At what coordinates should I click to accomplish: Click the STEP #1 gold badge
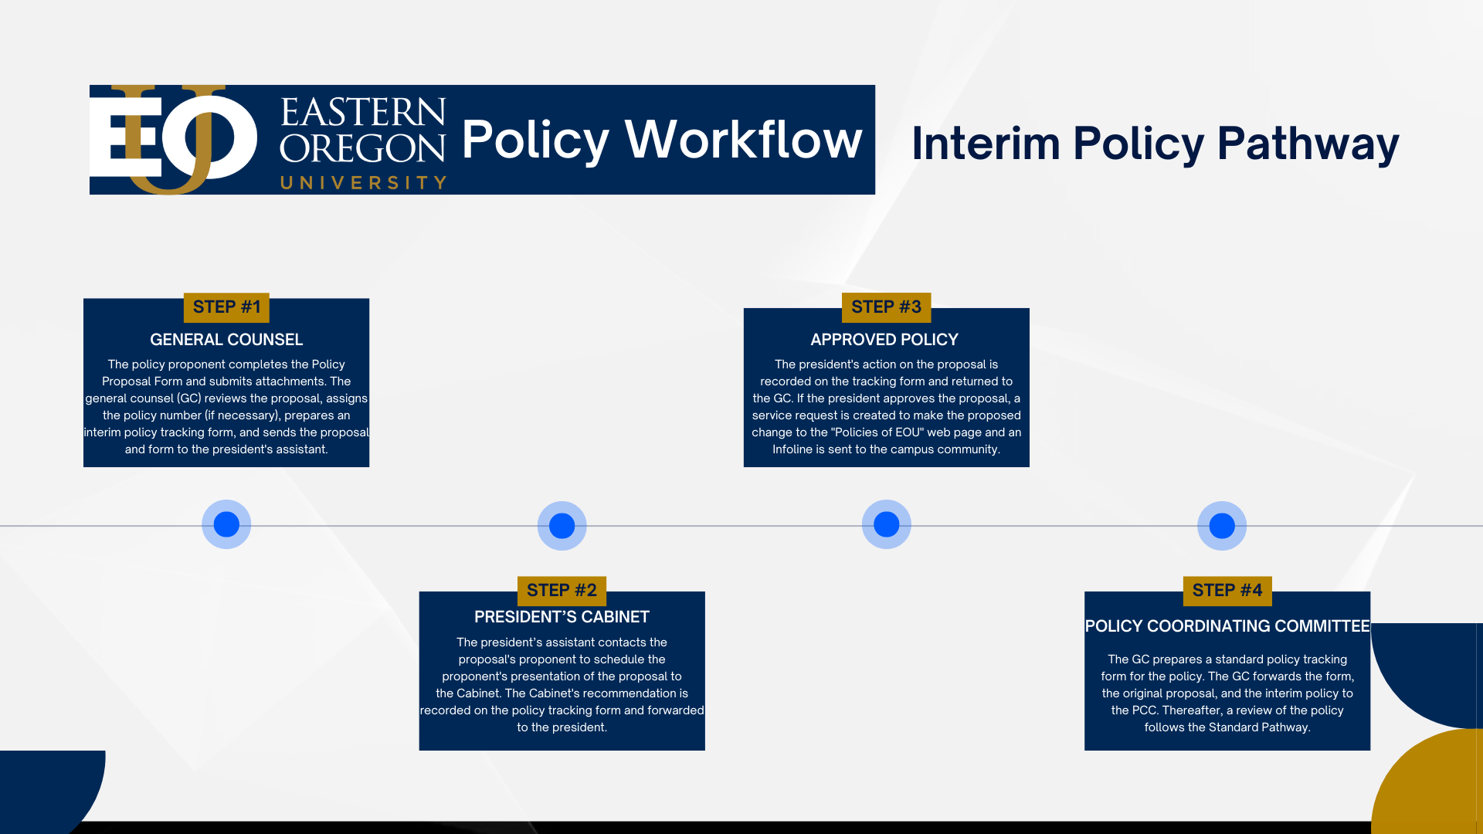pos(226,307)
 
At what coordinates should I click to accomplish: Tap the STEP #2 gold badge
pos(562,591)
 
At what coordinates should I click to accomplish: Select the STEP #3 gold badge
pos(886,307)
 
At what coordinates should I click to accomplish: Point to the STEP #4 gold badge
pos(1227,591)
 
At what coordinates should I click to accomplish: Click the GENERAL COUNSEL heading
pos(226,340)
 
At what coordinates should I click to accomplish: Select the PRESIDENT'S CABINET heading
pos(562,617)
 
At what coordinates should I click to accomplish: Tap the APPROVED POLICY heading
pos(884,340)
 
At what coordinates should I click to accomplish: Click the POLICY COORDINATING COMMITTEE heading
pos(1227,626)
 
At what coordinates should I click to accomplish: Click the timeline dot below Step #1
pos(226,524)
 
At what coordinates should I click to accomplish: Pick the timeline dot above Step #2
pos(562,526)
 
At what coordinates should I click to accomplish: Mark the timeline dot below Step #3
pos(886,524)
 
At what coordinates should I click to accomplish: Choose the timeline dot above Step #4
pos(1222,526)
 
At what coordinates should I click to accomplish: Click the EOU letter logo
pos(173,140)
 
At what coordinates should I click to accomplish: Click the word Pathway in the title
pos(1308,144)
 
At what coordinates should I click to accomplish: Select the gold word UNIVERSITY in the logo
pos(363,183)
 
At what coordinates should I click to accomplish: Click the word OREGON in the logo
pos(362,147)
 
